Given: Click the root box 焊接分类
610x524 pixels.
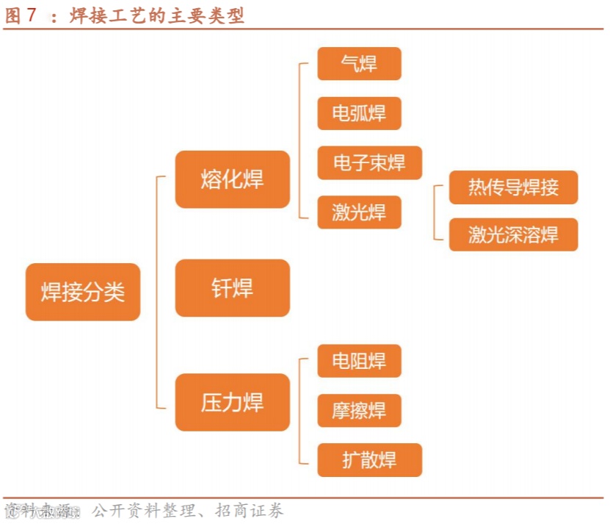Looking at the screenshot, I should (x=82, y=292).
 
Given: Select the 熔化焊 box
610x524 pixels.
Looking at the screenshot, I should (x=232, y=179).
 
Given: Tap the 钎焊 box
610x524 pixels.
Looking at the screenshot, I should (x=232, y=288).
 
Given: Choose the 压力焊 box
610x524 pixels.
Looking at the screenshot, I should (x=232, y=402).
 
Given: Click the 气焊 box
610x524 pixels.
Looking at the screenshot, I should (x=359, y=64).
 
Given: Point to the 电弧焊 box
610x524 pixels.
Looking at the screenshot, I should (x=359, y=113).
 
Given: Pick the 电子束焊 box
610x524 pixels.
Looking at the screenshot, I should (x=369, y=162).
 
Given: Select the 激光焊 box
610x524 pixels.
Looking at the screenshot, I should (x=359, y=212).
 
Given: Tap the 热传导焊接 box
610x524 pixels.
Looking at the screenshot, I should (x=513, y=187).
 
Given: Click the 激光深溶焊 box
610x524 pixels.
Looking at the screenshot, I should (x=513, y=234).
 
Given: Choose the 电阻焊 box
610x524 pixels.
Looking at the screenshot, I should (x=359, y=361).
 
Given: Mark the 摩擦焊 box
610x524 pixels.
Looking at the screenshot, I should (x=359, y=410).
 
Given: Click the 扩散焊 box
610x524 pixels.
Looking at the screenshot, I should (x=369, y=460).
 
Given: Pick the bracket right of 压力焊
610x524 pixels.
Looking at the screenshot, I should (x=302, y=410).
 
